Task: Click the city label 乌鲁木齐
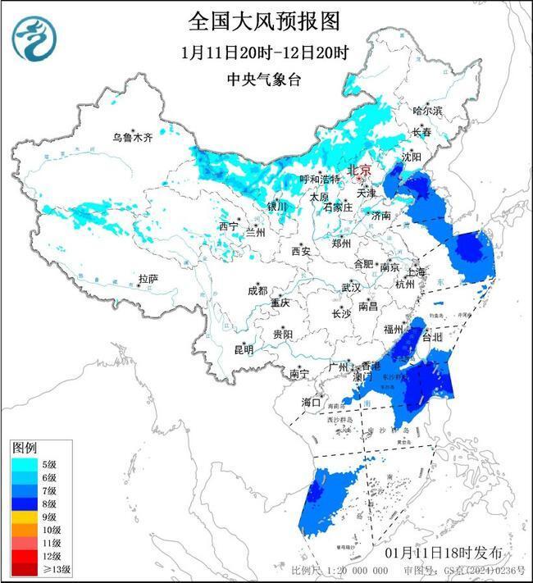pyautogui.click(x=133, y=138)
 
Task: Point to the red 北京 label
pyautogui.click(x=360, y=170)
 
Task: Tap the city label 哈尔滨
pyautogui.click(x=427, y=110)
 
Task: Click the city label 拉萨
pyautogui.click(x=148, y=279)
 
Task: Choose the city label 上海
pyautogui.click(x=417, y=272)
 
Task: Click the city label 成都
pyautogui.click(x=257, y=290)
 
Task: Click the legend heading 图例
pyautogui.click(x=24, y=448)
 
